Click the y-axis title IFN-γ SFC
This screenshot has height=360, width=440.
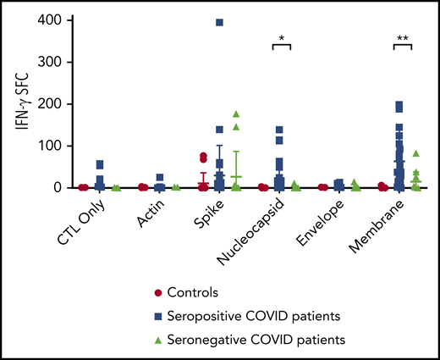21,103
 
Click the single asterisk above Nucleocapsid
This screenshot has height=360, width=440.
281,38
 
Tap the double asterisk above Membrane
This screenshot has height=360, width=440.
404,38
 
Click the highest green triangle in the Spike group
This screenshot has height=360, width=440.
236,114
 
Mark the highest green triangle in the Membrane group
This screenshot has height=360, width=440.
416,153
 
